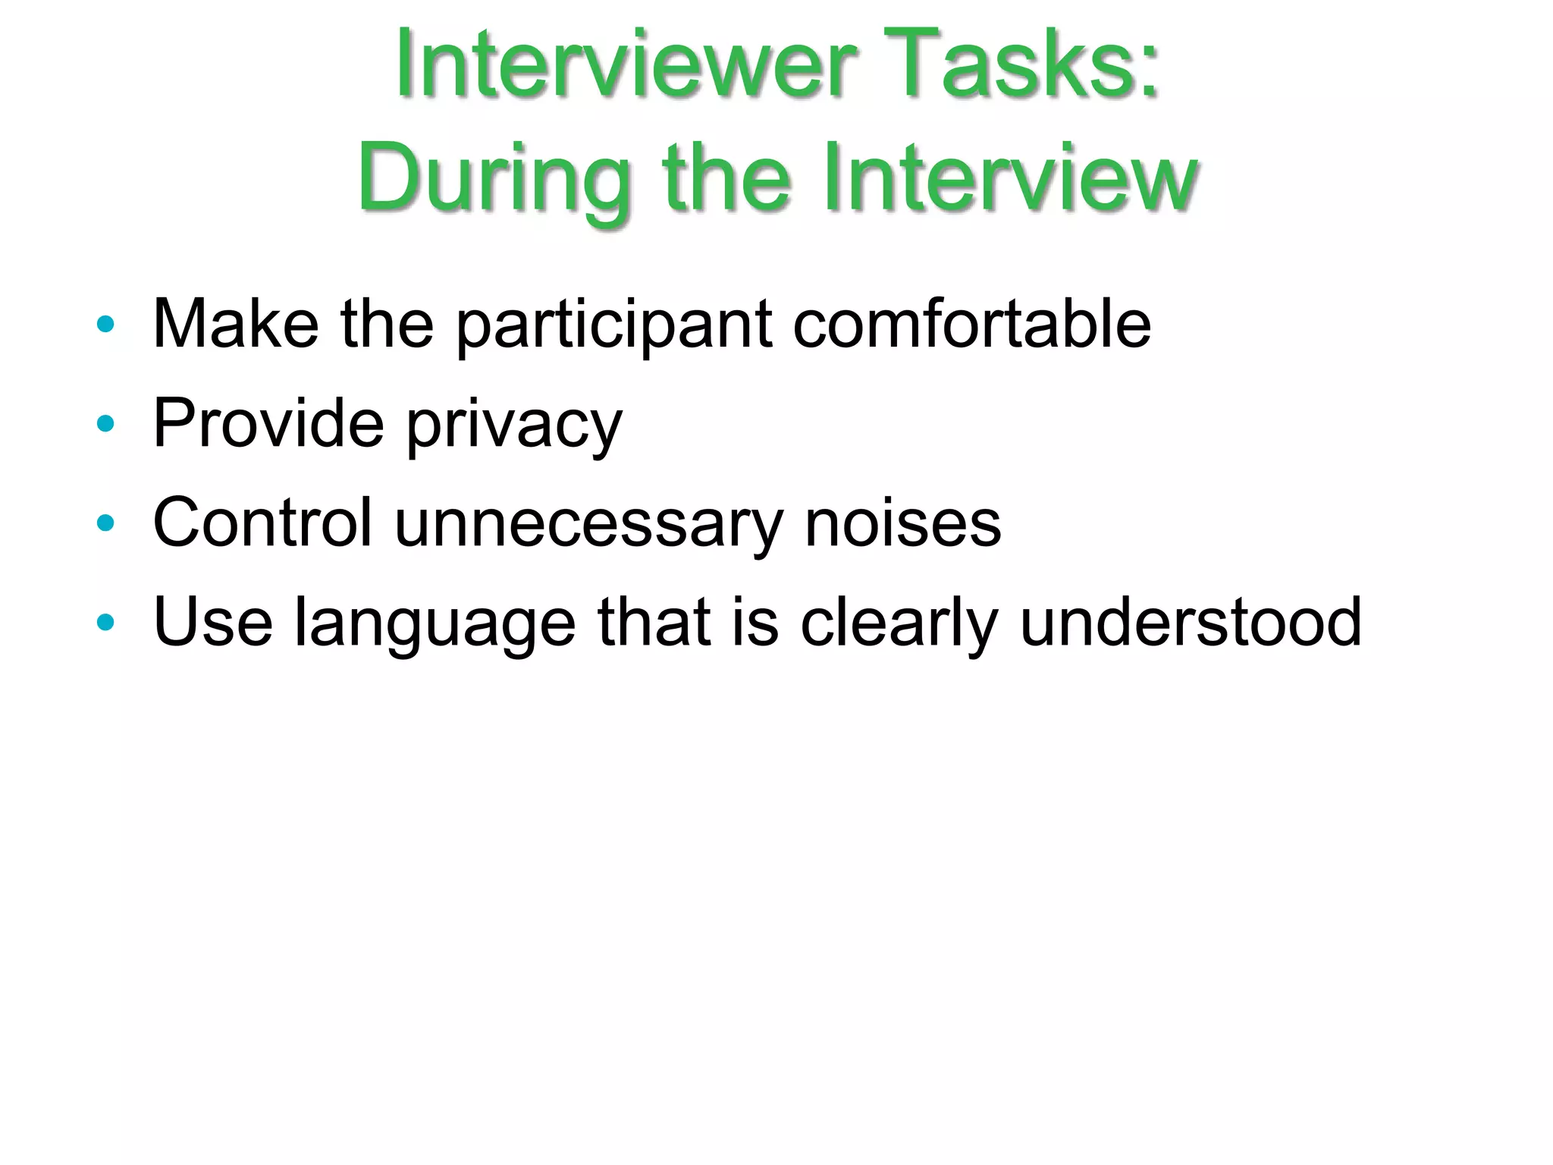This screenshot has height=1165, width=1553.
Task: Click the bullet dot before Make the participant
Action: (x=105, y=325)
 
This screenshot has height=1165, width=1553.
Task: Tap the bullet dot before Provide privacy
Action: (x=105, y=424)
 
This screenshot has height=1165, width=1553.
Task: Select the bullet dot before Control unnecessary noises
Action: (x=105, y=523)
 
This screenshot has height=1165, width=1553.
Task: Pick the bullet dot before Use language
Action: (x=105, y=623)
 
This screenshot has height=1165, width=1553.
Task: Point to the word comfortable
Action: (x=971, y=324)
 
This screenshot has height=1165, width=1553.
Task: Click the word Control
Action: (x=262, y=523)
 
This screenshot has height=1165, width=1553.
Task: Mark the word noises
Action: (x=902, y=523)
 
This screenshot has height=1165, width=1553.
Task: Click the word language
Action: (x=435, y=625)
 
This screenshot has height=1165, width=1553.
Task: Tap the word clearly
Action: (x=899, y=623)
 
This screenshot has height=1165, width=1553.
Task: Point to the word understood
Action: (x=1191, y=622)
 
